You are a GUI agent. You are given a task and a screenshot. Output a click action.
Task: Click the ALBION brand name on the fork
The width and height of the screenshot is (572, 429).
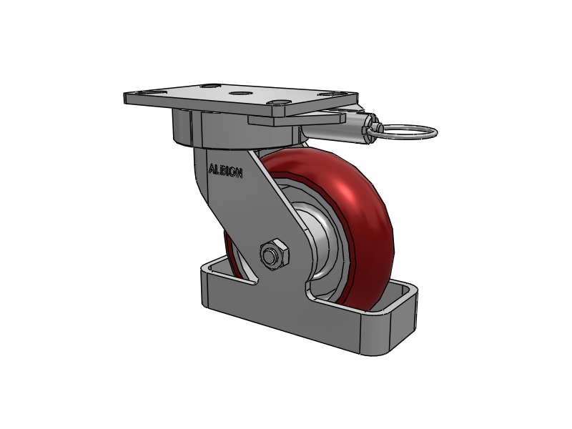pyautogui.click(x=225, y=171)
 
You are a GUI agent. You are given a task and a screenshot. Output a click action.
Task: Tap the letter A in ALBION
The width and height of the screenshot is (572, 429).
pyautogui.click(x=211, y=170)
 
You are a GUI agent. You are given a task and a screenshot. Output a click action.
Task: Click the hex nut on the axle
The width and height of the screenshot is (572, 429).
pyautogui.click(x=273, y=254)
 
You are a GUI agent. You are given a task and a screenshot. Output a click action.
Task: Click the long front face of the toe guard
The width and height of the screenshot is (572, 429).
pyautogui.click(x=286, y=322)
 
